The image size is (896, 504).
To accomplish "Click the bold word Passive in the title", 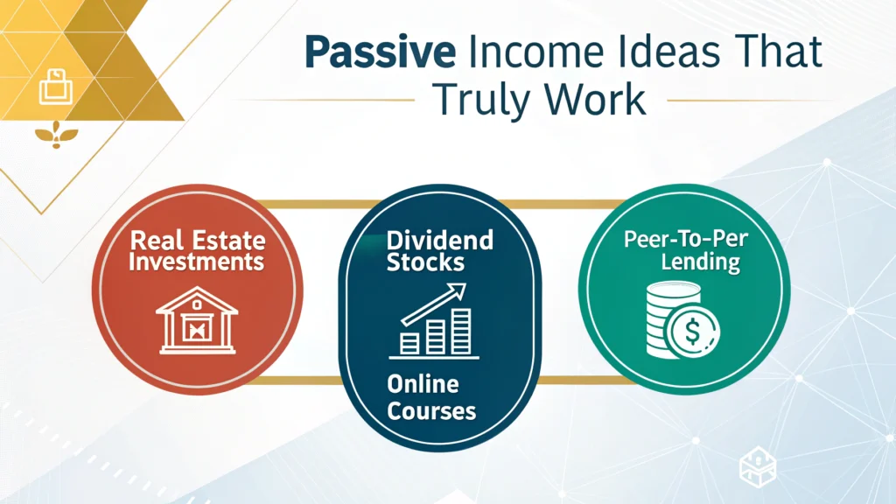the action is click(x=380, y=52).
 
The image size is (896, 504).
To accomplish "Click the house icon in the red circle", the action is click(x=197, y=320).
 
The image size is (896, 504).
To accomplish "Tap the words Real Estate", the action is click(x=198, y=241).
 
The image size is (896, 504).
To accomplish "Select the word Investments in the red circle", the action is click(x=197, y=262).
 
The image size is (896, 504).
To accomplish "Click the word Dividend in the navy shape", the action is click(x=439, y=240).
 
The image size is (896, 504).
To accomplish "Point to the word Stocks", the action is click(x=425, y=262).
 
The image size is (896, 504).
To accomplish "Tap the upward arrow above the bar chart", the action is click(x=434, y=304).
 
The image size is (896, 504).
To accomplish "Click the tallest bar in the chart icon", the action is click(x=461, y=332).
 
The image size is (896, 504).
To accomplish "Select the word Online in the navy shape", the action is click(x=423, y=384).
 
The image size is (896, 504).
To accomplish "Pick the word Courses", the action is click(x=431, y=411).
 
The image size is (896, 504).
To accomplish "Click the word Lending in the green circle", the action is click(x=701, y=262).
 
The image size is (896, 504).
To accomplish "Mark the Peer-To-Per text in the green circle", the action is click(x=686, y=239).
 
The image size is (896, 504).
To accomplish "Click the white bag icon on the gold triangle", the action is click(x=56, y=87).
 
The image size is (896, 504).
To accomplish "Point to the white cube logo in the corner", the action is click(x=758, y=466).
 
